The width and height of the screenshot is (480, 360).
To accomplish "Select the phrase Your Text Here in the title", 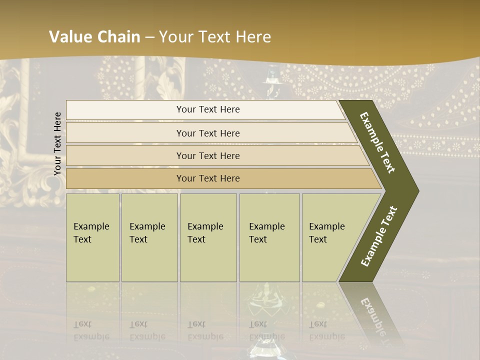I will (215, 37).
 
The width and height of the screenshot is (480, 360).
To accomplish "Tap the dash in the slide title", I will (149, 37).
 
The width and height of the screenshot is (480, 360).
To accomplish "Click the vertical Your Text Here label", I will (57, 143).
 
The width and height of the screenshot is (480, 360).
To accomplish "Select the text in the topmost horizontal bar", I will (208, 109).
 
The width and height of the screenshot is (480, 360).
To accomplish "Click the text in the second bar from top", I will (208, 133).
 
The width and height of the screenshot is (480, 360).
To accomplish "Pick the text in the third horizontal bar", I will (208, 156).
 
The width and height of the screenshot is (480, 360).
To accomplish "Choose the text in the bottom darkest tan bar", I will (208, 178).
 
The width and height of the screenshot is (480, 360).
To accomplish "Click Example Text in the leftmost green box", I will (91, 233).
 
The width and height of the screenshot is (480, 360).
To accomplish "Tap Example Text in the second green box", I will (147, 233).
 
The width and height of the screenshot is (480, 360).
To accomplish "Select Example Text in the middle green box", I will (205, 233).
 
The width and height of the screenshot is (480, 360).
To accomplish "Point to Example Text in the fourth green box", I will (266, 233).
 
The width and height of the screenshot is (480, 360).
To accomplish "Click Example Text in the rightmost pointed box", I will (326, 233).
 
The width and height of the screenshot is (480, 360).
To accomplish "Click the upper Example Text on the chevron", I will (377, 142).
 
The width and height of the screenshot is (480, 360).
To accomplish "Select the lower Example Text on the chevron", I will (379, 236).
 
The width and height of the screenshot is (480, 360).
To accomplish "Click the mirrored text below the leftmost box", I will (91, 330).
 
